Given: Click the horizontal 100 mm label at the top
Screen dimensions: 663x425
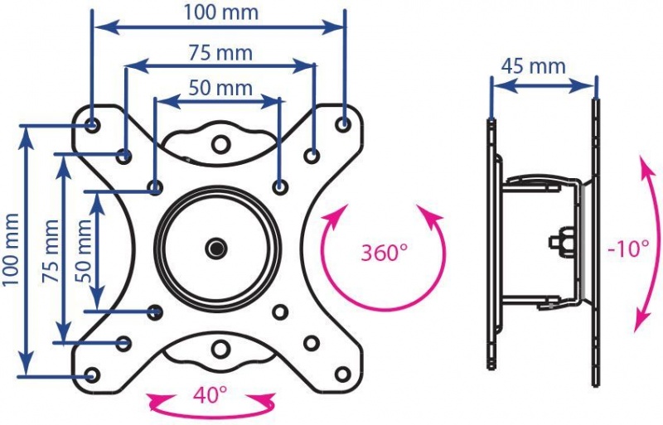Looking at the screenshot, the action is click(x=220, y=12).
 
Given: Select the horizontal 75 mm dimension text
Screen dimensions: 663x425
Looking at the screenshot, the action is click(x=220, y=53).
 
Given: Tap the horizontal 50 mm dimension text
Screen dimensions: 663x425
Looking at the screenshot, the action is click(x=220, y=89).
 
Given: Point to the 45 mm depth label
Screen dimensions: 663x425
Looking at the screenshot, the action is click(x=533, y=66).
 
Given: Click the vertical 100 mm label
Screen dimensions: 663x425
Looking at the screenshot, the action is click(x=11, y=249).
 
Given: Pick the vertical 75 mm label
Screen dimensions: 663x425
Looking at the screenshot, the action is click(x=51, y=251).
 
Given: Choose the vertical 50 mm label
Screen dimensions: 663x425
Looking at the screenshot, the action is click(x=83, y=251).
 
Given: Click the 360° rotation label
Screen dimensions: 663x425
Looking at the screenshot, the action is click(x=384, y=253).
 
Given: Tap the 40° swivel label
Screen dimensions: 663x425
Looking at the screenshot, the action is click(x=211, y=395).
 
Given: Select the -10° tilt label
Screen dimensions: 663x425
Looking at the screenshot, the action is click(x=628, y=249).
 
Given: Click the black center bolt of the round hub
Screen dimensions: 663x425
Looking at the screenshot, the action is click(x=216, y=249).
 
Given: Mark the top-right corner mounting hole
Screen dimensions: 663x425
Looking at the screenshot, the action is click(x=343, y=124).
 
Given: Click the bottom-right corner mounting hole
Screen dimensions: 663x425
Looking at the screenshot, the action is click(x=342, y=374).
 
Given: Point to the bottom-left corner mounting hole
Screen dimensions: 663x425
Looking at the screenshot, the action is click(x=92, y=374).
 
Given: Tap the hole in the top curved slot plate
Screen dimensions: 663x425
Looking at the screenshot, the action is click(x=220, y=145).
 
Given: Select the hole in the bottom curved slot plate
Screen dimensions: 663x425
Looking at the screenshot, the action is click(x=220, y=350).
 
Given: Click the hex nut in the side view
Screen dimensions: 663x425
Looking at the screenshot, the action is click(x=562, y=242).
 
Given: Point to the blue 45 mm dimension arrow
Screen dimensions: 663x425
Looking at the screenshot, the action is click(x=544, y=86).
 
